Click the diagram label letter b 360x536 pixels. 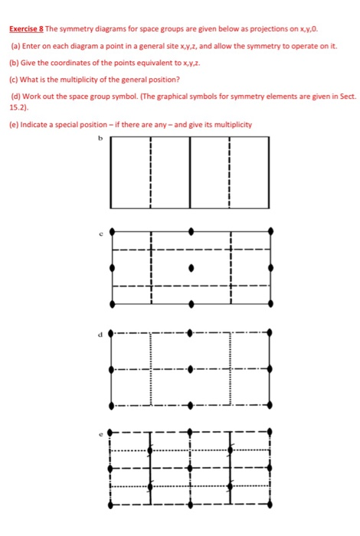[x=99, y=139]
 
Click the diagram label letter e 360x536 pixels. [x=100, y=433]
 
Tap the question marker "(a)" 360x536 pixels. [x=15, y=47]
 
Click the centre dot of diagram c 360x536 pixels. [x=191, y=267]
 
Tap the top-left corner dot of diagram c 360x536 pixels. [x=113, y=230]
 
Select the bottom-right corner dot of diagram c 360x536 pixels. [x=270, y=304]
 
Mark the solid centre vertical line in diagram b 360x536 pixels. [x=191, y=172]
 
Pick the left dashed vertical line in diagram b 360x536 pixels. [x=151, y=172]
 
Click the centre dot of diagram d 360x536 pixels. [x=191, y=369]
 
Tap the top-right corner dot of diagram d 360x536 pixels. [x=270, y=333]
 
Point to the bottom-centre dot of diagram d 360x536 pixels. [x=191, y=405]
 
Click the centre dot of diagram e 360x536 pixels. [x=191, y=468]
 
